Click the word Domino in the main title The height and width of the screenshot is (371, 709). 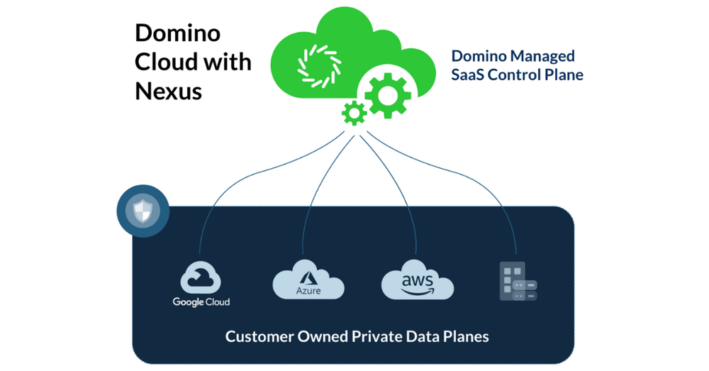[177, 33]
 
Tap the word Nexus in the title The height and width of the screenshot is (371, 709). [168, 91]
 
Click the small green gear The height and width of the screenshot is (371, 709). [353, 112]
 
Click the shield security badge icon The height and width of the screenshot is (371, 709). [143, 211]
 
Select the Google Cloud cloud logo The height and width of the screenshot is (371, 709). [201, 277]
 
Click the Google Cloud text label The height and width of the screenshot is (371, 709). [201, 302]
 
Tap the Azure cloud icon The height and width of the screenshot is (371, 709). [308, 282]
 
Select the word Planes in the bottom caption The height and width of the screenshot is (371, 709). [466, 336]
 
